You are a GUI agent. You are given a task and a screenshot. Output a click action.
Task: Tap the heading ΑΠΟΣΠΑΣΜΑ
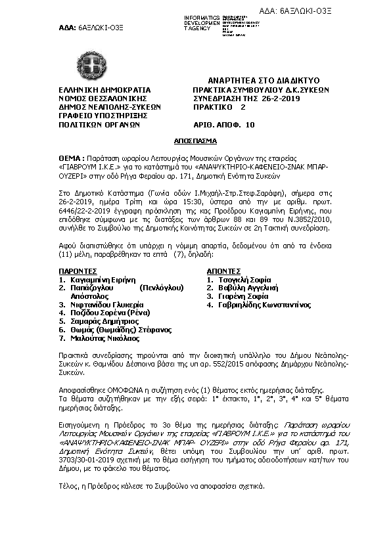pos(195,141)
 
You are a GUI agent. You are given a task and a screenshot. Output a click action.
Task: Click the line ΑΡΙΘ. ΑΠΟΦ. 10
pos(223,123)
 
